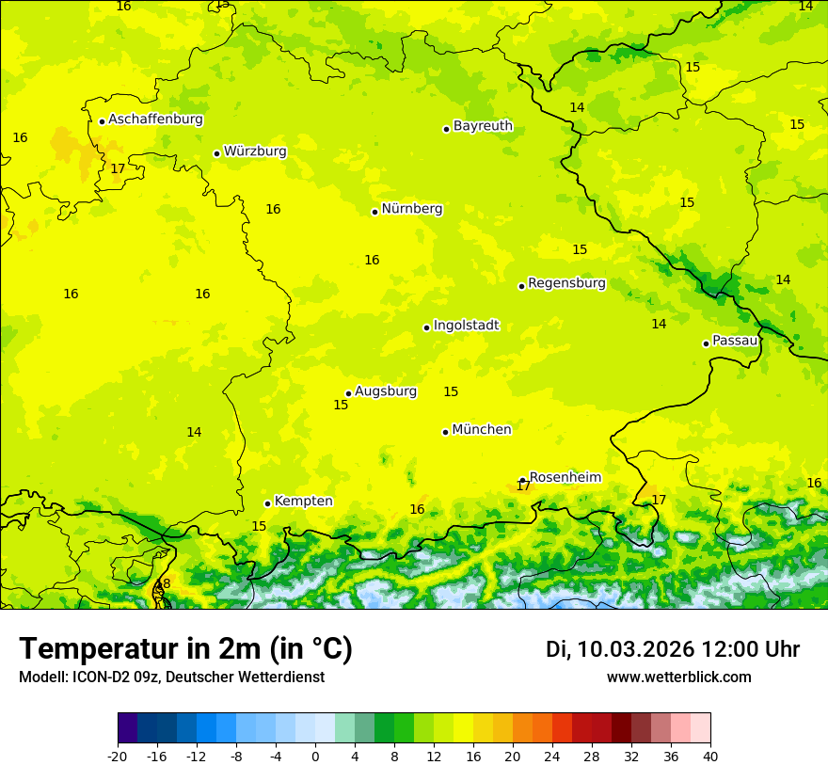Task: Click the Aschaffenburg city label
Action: tap(155, 120)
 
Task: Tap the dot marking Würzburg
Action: tap(216, 153)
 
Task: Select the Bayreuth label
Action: tap(483, 126)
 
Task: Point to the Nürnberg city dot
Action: tap(374, 212)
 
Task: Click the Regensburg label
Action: tap(566, 283)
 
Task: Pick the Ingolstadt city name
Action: tap(466, 326)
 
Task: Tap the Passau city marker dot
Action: tap(706, 343)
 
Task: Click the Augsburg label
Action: tap(386, 391)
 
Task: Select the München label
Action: tap(482, 430)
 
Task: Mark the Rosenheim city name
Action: tap(565, 478)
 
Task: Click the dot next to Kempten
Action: tap(267, 503)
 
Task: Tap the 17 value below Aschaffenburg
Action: tap(118, 169)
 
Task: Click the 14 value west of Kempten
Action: tap(194, 433)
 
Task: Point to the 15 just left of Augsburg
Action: tap(341, 406)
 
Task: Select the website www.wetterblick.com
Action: tap(678, 677)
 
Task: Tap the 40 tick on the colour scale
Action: tap(710, 756)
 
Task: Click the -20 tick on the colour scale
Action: tap(117, 756)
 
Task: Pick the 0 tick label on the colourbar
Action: tap(315, 756)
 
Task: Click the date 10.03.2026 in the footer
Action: tap(635, 649)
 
